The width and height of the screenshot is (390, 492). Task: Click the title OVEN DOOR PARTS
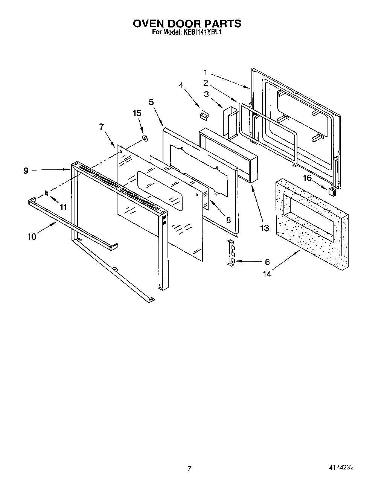[187, 23]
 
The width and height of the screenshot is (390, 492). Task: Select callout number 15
[137, 113]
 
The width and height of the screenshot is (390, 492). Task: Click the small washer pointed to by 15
[145, 139]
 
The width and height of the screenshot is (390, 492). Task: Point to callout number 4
[181, 85]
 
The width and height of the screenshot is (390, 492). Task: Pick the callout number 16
[308, 178]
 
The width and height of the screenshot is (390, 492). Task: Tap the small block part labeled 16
[331, 191]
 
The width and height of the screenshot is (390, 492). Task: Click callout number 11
[63, 207]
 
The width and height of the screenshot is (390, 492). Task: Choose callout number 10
[32, 236]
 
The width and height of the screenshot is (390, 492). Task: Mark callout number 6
[267, 262]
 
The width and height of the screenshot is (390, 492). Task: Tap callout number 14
[267, 274]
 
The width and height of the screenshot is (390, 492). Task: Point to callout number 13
[265, 228]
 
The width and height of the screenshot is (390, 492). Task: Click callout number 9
[26, 171]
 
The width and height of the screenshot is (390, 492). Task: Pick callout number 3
[206, 94]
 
